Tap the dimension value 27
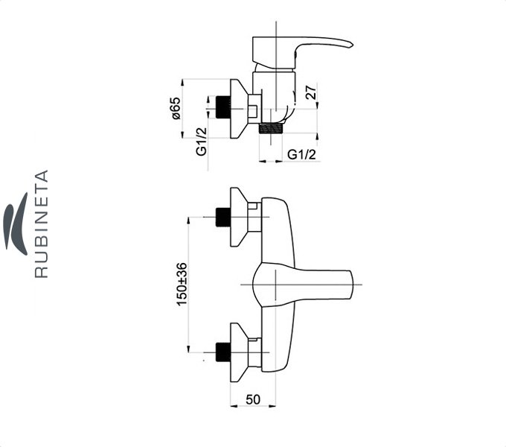(x=312, y=94)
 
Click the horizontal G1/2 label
(x=302, y=154)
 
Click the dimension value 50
(x=253, y=399)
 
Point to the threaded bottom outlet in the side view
(x=273, y=127)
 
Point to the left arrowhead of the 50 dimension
(x=233, y=407)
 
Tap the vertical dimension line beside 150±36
(x=190, y=282)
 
